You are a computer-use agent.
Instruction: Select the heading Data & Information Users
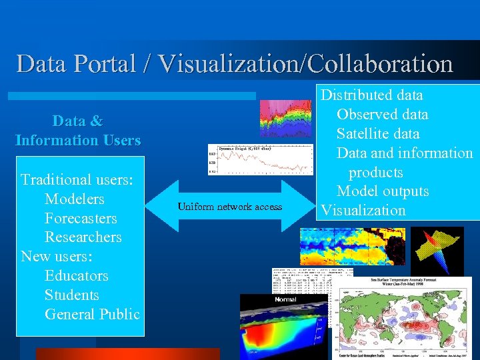tap(78, 131)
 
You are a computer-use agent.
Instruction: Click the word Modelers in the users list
tap(75, 199)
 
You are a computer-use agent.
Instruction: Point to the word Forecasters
tap(81, 218)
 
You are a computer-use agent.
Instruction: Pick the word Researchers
tap(83, 237)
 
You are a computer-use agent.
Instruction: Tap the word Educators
tap(77, 276)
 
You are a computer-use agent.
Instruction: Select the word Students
tap(72, 295)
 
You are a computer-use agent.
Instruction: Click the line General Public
tap(92, 315)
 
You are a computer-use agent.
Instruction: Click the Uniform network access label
tap(229, 207)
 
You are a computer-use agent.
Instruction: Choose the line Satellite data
tap(378, 134)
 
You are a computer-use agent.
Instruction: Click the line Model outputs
tap(383, 191)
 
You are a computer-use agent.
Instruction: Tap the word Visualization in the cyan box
tap(363, 211)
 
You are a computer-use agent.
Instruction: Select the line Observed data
tap(382, 115)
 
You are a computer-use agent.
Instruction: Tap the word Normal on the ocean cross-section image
tap(285, 300)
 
